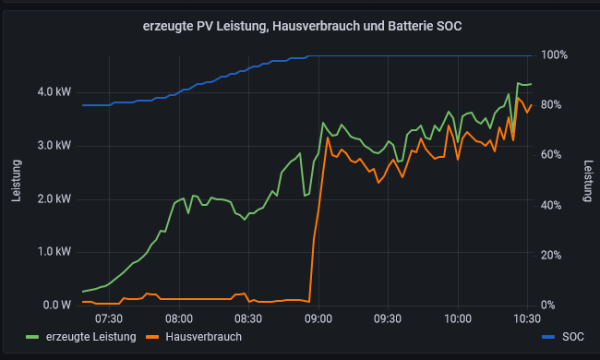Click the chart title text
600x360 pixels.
click(x=300, y=25)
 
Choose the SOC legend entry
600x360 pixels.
click(x=572, y=337)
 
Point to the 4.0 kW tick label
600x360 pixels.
click(x=53, y=92)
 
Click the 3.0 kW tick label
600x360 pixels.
click(x=53, y=145)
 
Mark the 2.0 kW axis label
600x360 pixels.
click(x=53, y=198)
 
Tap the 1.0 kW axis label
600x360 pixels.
click(x=53, y=251)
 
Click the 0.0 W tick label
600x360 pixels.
click(x=55, y=304)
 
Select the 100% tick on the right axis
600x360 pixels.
click(x=555, y=55)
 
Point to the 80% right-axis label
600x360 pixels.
click(x=557, y=105)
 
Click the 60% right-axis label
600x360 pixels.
click(x=557, y=155)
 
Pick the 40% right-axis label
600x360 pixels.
click(x=557, y=205)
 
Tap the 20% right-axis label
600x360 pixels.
click(x=557, y=255)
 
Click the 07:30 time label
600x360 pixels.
click(x=108, y=319)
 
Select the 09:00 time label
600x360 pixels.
click(x=318, y=319)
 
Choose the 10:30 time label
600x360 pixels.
click(x=526, y=319)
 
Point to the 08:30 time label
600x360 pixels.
click(x=248, y=319)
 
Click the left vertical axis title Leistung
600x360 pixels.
click(x=16, y=180)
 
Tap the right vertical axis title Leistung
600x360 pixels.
click(x=588, y=180)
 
